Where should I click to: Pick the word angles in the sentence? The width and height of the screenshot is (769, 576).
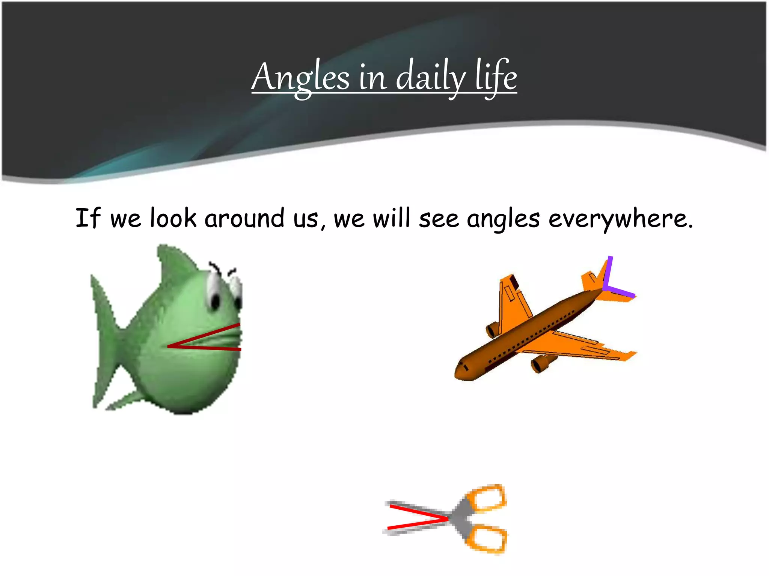point(503,220)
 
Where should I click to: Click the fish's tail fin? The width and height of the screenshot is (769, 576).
point(103,337)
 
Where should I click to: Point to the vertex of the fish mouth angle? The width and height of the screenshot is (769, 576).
point(169,346)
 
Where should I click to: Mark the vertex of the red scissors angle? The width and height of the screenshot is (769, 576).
point(448,519)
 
